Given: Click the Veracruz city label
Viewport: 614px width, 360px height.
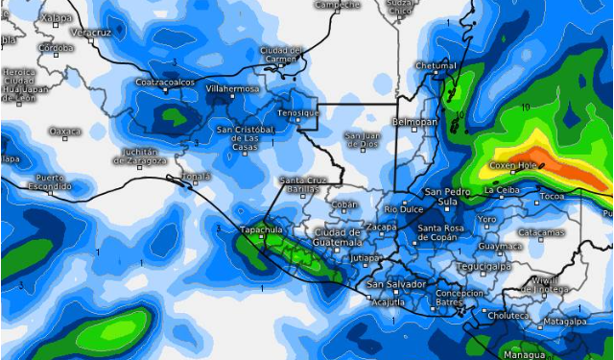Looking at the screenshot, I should tap(91, 33).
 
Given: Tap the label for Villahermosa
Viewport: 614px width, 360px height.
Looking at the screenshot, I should tap(232, 88).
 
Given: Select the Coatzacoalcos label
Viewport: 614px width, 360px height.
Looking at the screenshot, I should tap(164, 82).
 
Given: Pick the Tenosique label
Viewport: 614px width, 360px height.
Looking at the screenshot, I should tap(296, 112).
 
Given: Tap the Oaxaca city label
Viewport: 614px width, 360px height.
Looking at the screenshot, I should tap(65, 131).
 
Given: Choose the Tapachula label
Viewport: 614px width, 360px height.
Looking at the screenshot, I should tap(261, 229).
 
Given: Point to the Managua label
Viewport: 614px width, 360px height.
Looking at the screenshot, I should tap(523, 354).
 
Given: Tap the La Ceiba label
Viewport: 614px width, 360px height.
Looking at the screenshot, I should tap(502, 190).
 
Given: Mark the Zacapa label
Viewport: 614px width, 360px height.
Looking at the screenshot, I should tap(381, 227).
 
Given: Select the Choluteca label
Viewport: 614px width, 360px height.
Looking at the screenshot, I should tap(508, 315).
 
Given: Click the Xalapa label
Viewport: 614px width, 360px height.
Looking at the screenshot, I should tap(31, 17).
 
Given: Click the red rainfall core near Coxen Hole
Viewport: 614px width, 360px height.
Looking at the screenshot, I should tap(555, 169).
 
